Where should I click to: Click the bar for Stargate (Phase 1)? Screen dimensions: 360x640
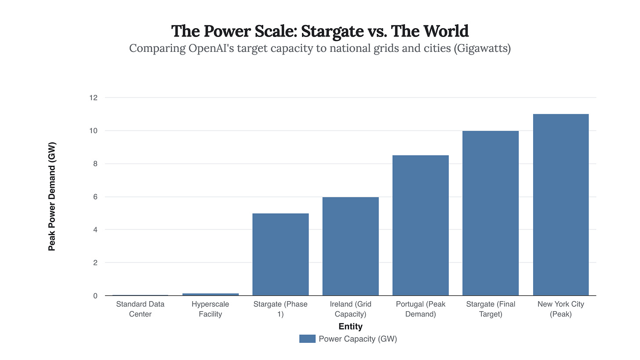(280, 255)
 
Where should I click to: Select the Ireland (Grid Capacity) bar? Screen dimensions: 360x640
(350, 246)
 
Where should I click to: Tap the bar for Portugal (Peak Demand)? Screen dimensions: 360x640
(420, 225)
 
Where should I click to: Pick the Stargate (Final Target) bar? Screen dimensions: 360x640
(491, 213)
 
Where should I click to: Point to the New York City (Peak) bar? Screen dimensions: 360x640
(560, 205)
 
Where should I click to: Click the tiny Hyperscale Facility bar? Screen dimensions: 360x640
(211, 294)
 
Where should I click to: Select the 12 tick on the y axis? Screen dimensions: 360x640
(93, 98)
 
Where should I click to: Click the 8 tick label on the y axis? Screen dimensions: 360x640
(95, 164)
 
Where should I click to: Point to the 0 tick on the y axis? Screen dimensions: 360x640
(95, 296)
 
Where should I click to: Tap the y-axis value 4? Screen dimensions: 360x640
(95, 229)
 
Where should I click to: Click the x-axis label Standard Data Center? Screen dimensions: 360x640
(140, 309)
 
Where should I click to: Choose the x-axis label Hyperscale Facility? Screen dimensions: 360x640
(211, 309)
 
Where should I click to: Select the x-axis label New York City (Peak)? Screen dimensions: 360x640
(560, 309)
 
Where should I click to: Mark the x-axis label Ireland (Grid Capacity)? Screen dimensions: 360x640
(350, 309)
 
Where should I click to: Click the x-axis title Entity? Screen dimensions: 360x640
(350, 327)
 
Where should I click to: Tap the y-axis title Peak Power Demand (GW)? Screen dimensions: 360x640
(52, 196)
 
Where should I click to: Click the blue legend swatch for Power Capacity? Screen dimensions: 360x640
(307, 338)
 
